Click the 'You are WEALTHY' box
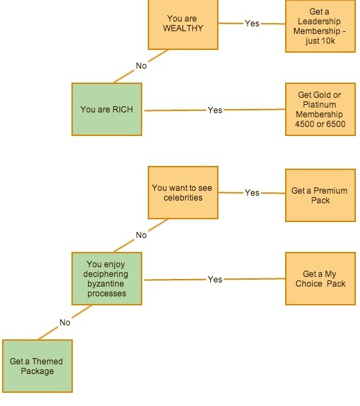(x=183, y=24)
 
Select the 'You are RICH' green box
(x=107, y=109)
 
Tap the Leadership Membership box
(x=320, y=26)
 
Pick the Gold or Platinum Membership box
(x=320, y=109)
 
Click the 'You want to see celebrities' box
(x=183, y=193)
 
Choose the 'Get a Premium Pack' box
(x=320, y=196)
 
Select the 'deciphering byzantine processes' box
(x=107, y=278)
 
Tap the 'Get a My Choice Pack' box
(x=320, y=278)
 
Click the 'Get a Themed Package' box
(x=37, y=366)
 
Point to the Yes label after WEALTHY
(x=252, y=24)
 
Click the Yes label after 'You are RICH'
(x=215, y=110)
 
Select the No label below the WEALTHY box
(x=142, y=66)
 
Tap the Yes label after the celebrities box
(x=252, y=193)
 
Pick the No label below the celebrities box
(x=142, y=235)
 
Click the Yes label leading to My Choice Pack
(x=215, y=280)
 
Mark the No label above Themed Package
(x=65, y=323)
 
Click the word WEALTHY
(x=183, y=28)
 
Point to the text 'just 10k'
(x=320, y=41)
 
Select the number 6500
(x=336, y=124)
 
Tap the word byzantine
(x=105, y=284)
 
